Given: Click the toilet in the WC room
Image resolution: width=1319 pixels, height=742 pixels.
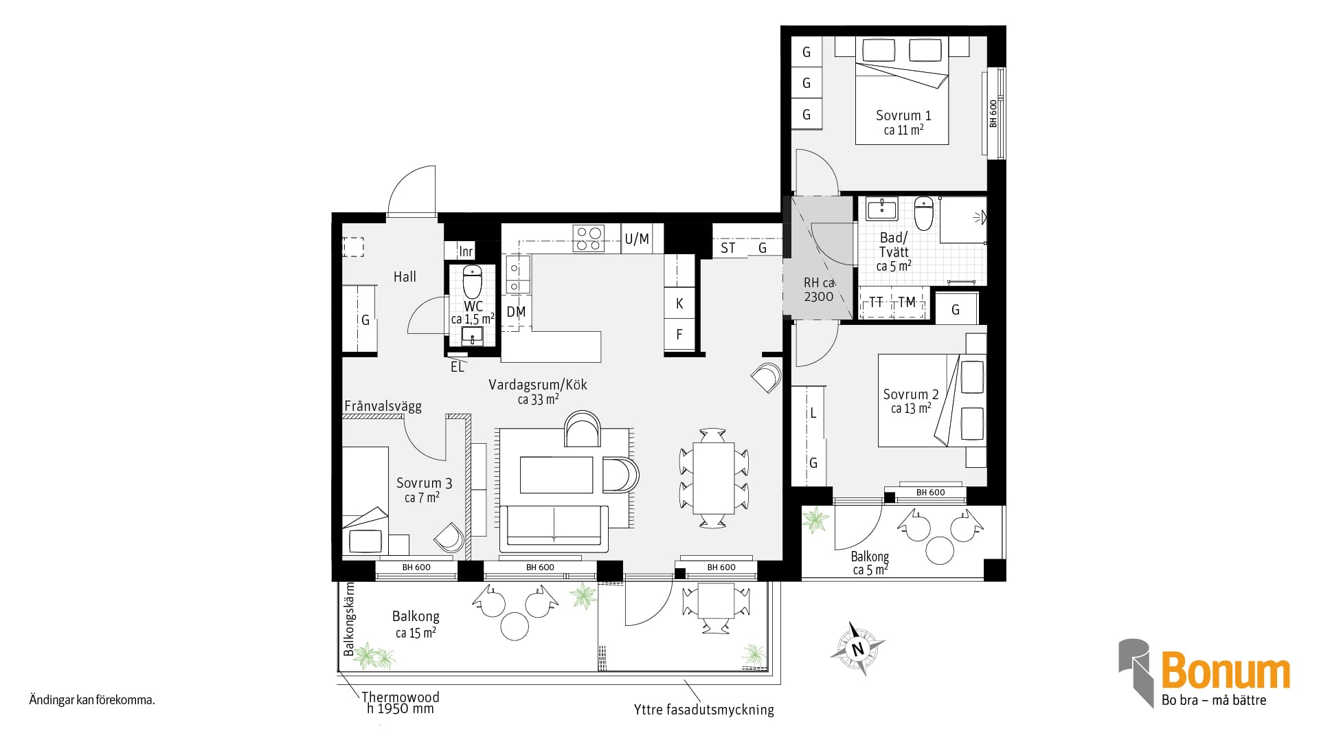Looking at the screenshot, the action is point(473,281).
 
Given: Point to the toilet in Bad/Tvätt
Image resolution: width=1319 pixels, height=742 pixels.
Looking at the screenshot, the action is point(924,213).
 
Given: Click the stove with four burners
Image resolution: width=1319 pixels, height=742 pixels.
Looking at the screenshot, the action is point(589,238).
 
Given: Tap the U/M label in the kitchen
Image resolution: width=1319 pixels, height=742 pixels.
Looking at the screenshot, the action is point(637,239).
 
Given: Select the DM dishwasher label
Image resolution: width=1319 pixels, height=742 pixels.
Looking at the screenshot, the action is point(516,312).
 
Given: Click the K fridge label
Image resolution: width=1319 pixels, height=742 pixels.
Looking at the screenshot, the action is point(679,304).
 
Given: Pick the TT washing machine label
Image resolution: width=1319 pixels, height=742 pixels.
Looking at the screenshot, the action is point(876,302).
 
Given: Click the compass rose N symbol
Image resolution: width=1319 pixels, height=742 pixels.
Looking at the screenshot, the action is point(857,649).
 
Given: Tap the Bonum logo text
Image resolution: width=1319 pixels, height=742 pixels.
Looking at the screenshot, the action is point(1226,671).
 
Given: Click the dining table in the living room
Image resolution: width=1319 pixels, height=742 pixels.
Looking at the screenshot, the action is point(714,478).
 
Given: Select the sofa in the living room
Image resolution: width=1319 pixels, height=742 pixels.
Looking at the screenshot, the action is point(554,528).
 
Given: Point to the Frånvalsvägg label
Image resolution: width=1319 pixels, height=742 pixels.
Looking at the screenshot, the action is point(383,406).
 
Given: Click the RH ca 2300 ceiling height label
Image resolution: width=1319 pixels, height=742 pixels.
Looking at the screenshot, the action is point(819,289).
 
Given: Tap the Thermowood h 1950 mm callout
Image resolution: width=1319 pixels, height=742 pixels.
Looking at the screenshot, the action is point(401,702).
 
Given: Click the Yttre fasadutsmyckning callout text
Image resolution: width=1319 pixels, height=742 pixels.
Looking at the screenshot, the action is point(703,710).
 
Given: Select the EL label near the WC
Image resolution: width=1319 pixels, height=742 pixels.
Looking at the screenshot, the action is point(458,368).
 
